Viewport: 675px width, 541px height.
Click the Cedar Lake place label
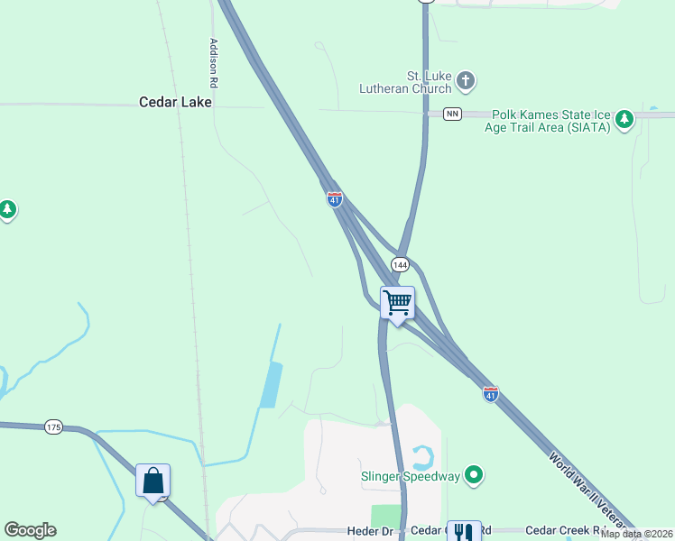(x=175, y=102)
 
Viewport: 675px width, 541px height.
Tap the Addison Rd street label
(x=214, y=62)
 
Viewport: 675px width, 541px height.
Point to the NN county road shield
(x=452, y=114)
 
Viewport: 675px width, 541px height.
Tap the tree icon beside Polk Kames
(x=624, y=126)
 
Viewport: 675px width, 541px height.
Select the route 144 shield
(x=401, y=264)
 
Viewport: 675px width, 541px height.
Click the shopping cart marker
(x=397, y=304)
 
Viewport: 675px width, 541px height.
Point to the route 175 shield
(x=54, y=426)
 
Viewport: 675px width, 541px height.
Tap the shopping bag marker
(x=153, y=481)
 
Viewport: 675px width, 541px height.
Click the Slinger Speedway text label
(x=411, y=476)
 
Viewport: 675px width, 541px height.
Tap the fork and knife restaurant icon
(x=464, y=532)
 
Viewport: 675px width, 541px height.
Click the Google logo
(x=30, y=530)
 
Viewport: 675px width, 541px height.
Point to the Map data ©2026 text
(x=636, y=534)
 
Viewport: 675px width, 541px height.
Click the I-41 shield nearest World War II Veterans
(x=490, y=394)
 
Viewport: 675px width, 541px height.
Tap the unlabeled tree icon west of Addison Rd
(x=7, y=210)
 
